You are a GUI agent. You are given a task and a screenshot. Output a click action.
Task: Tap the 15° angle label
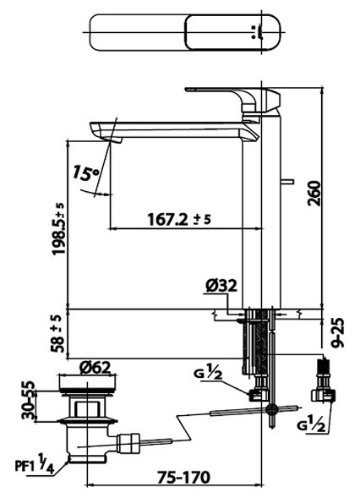[x=86, y=175]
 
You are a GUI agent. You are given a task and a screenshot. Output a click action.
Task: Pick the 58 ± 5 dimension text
[x=57, y=333]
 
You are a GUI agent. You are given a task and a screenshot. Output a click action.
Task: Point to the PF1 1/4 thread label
[x=38, y=465]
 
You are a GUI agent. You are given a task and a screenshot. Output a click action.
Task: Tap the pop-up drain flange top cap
[x=87, y=385]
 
